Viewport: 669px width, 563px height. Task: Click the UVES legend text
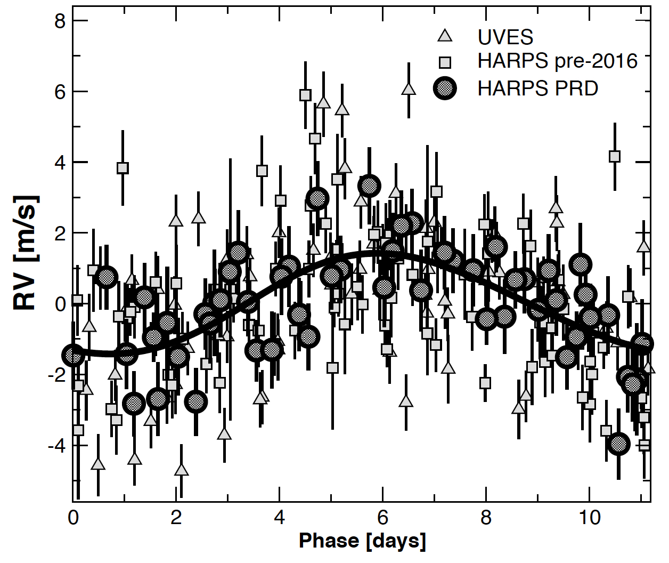point(505,37)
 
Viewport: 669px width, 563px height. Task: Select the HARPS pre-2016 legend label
point(557,61)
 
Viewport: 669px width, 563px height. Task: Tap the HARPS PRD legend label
point(537,88)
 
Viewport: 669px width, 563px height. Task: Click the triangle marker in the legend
point(445,36)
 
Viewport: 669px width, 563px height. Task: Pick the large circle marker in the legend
point(445,88)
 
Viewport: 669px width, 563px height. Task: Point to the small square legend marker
point(445,62)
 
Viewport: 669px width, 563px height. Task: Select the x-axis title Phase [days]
point(362,541)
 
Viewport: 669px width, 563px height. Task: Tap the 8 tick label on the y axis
point(60,21)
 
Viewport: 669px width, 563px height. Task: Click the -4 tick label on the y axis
point(57,445)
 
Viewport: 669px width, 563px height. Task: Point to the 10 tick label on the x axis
point(589,518)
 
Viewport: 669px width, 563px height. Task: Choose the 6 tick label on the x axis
point(382,518)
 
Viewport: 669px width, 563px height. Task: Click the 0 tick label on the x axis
point(73,518)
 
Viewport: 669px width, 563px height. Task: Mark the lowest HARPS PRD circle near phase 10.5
point(618,444)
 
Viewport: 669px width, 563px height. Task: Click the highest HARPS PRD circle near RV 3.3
point(369,186)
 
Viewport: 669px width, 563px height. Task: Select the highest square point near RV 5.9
point(305,95)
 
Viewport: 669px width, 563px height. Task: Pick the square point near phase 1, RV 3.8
point(123,168)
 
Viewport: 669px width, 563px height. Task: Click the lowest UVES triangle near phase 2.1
point(182,470)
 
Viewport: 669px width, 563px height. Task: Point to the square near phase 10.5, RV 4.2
point(615,156)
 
